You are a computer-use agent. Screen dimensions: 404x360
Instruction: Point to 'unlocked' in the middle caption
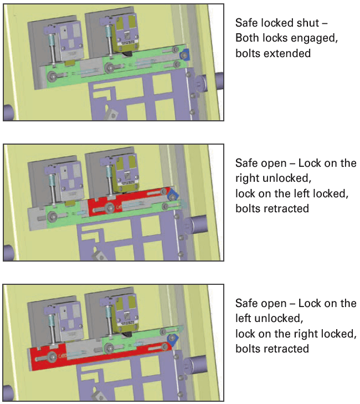pyautogui.click(x=277, y=178)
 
